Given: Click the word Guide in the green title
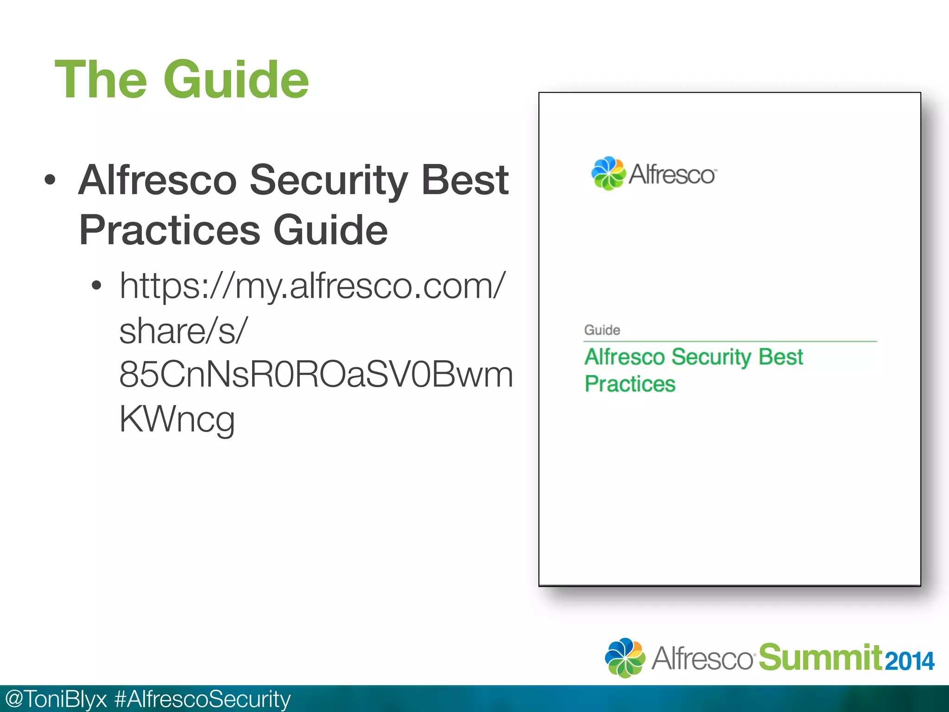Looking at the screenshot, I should coord(236,80).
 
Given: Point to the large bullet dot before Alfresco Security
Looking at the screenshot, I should coord(50,180).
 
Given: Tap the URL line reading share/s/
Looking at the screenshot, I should coord(183,331).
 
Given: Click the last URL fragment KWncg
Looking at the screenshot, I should coord(177,419).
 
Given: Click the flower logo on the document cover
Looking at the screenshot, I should coord(607,174).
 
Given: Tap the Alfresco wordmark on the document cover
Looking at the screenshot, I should coord(672,175).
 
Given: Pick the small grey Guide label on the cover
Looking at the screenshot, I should coord(602,330).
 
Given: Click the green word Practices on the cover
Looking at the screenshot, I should coord(630,384).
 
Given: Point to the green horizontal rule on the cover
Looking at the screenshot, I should coord(730,342).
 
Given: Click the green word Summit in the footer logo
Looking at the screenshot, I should coord(820,657).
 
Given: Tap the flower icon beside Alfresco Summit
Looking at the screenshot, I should coord(625,658).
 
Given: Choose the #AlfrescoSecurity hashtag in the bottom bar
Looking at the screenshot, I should coord(202,699).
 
